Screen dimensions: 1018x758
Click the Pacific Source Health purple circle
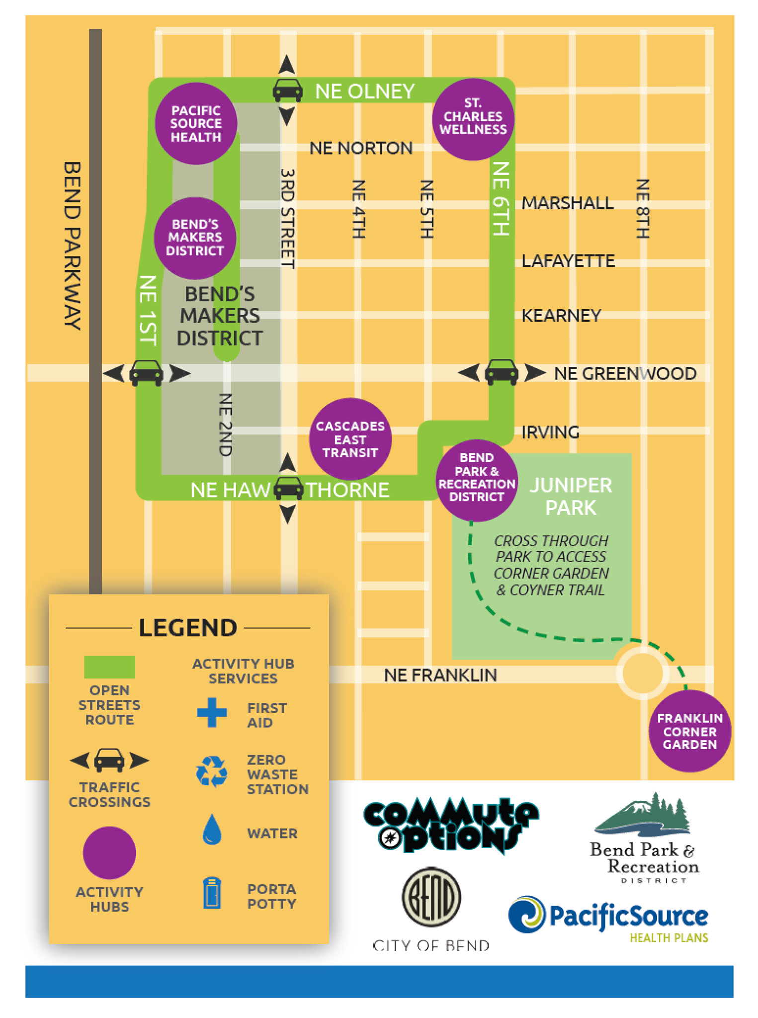point(196,123)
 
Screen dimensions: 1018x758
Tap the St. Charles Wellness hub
point(473,119)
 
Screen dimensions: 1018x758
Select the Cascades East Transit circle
point(350,439)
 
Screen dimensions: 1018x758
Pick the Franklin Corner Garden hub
point(689,731)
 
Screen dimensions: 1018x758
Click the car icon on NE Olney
point(287,90)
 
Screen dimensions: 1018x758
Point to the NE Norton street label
point(361,148)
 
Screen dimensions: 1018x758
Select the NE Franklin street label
point(440,675)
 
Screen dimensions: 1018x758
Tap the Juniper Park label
point(571,496)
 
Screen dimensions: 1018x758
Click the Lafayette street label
point(568,260)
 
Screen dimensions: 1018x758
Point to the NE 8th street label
point(642,209)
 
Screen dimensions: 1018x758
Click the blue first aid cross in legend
point(212,712)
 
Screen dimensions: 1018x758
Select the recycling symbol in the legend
point(212,772)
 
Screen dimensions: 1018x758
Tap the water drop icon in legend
point(212,829)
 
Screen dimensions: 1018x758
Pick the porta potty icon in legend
point(212,893)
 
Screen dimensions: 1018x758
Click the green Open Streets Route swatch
point(109,667)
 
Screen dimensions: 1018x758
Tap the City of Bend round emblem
point(431,897)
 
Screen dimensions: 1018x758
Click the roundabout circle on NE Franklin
point(642,673)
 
